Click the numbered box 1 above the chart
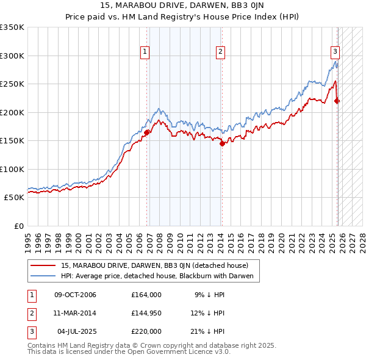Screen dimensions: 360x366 tap(145, 52)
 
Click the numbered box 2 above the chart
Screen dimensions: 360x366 tap(220, 52)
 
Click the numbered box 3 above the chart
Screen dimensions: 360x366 tap(335, 52)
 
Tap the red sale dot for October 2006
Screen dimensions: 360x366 tap(147, 131)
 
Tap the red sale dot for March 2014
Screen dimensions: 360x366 tap(222, 143)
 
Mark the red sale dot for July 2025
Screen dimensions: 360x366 tap(337, 101)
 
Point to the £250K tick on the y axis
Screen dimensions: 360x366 tap(12, 84)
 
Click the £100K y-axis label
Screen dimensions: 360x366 tap(12, 170)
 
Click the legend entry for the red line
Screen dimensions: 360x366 tap(154, 265)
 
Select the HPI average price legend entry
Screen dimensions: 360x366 tap(160, 276)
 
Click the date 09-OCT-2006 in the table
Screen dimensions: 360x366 tap(75, 295)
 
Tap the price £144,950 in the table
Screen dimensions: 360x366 tap(146, 313)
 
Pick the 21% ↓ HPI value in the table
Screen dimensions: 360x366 tap(209, 331)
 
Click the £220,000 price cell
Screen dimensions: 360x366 tap(146, 331)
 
